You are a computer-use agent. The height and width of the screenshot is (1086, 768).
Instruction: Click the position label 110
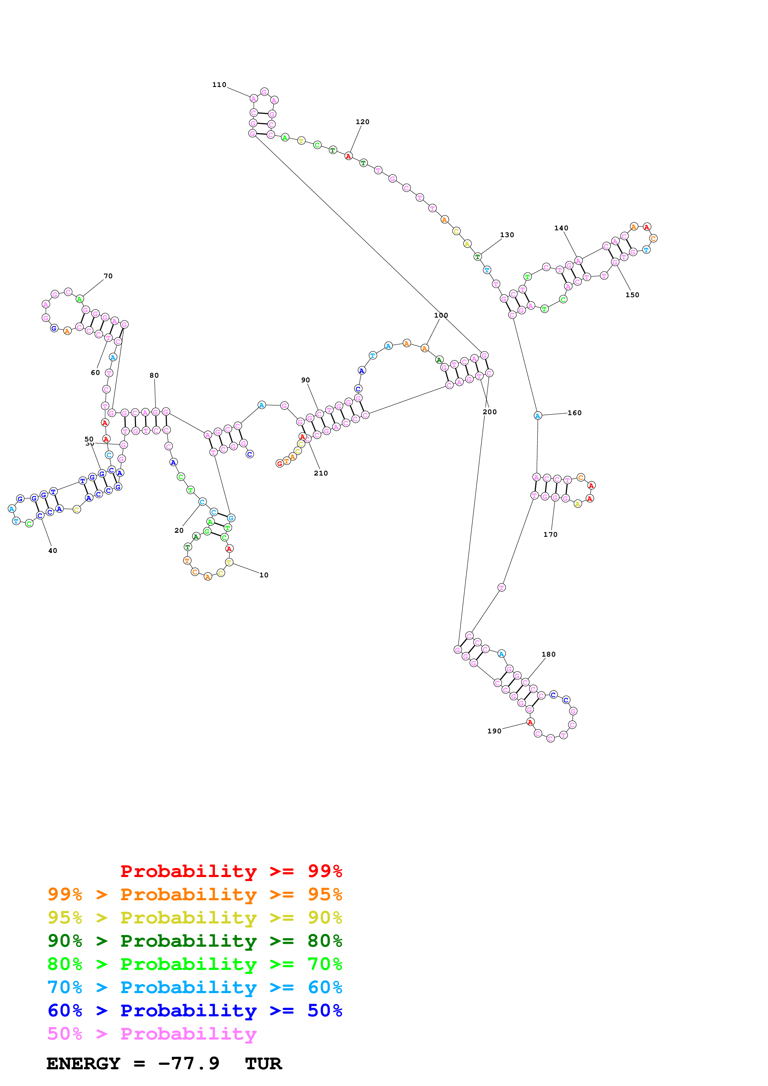(x=219, y=85)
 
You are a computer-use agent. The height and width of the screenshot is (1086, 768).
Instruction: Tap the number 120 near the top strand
(x=362, y=122)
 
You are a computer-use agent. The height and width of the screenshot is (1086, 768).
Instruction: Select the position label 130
(x=507, y=235)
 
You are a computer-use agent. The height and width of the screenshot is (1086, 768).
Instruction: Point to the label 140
(x=561, y=228)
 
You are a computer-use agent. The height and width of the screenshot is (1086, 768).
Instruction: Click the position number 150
(x=632, y=295)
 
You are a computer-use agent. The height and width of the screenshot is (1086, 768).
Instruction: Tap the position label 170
(x=550, y=534)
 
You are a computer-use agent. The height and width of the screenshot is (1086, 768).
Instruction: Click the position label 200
(x=490, y=412)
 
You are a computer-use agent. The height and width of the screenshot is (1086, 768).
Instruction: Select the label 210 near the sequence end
(x=321, y=473)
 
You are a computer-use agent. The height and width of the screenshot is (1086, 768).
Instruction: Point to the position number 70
(x=108, y=276)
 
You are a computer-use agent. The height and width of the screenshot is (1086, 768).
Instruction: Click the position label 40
(x=53, y=550)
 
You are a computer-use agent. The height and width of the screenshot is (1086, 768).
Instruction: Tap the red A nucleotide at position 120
(x=348, y=156)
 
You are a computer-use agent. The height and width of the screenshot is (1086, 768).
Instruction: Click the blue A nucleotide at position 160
(x=538, y=416)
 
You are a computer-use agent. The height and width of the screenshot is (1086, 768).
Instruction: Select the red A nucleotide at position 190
(x=530, y=722)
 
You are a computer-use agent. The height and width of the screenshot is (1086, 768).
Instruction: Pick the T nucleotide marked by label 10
(x=229, y=563)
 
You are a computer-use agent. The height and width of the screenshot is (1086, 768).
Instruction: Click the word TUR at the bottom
(x=264, y=1064)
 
